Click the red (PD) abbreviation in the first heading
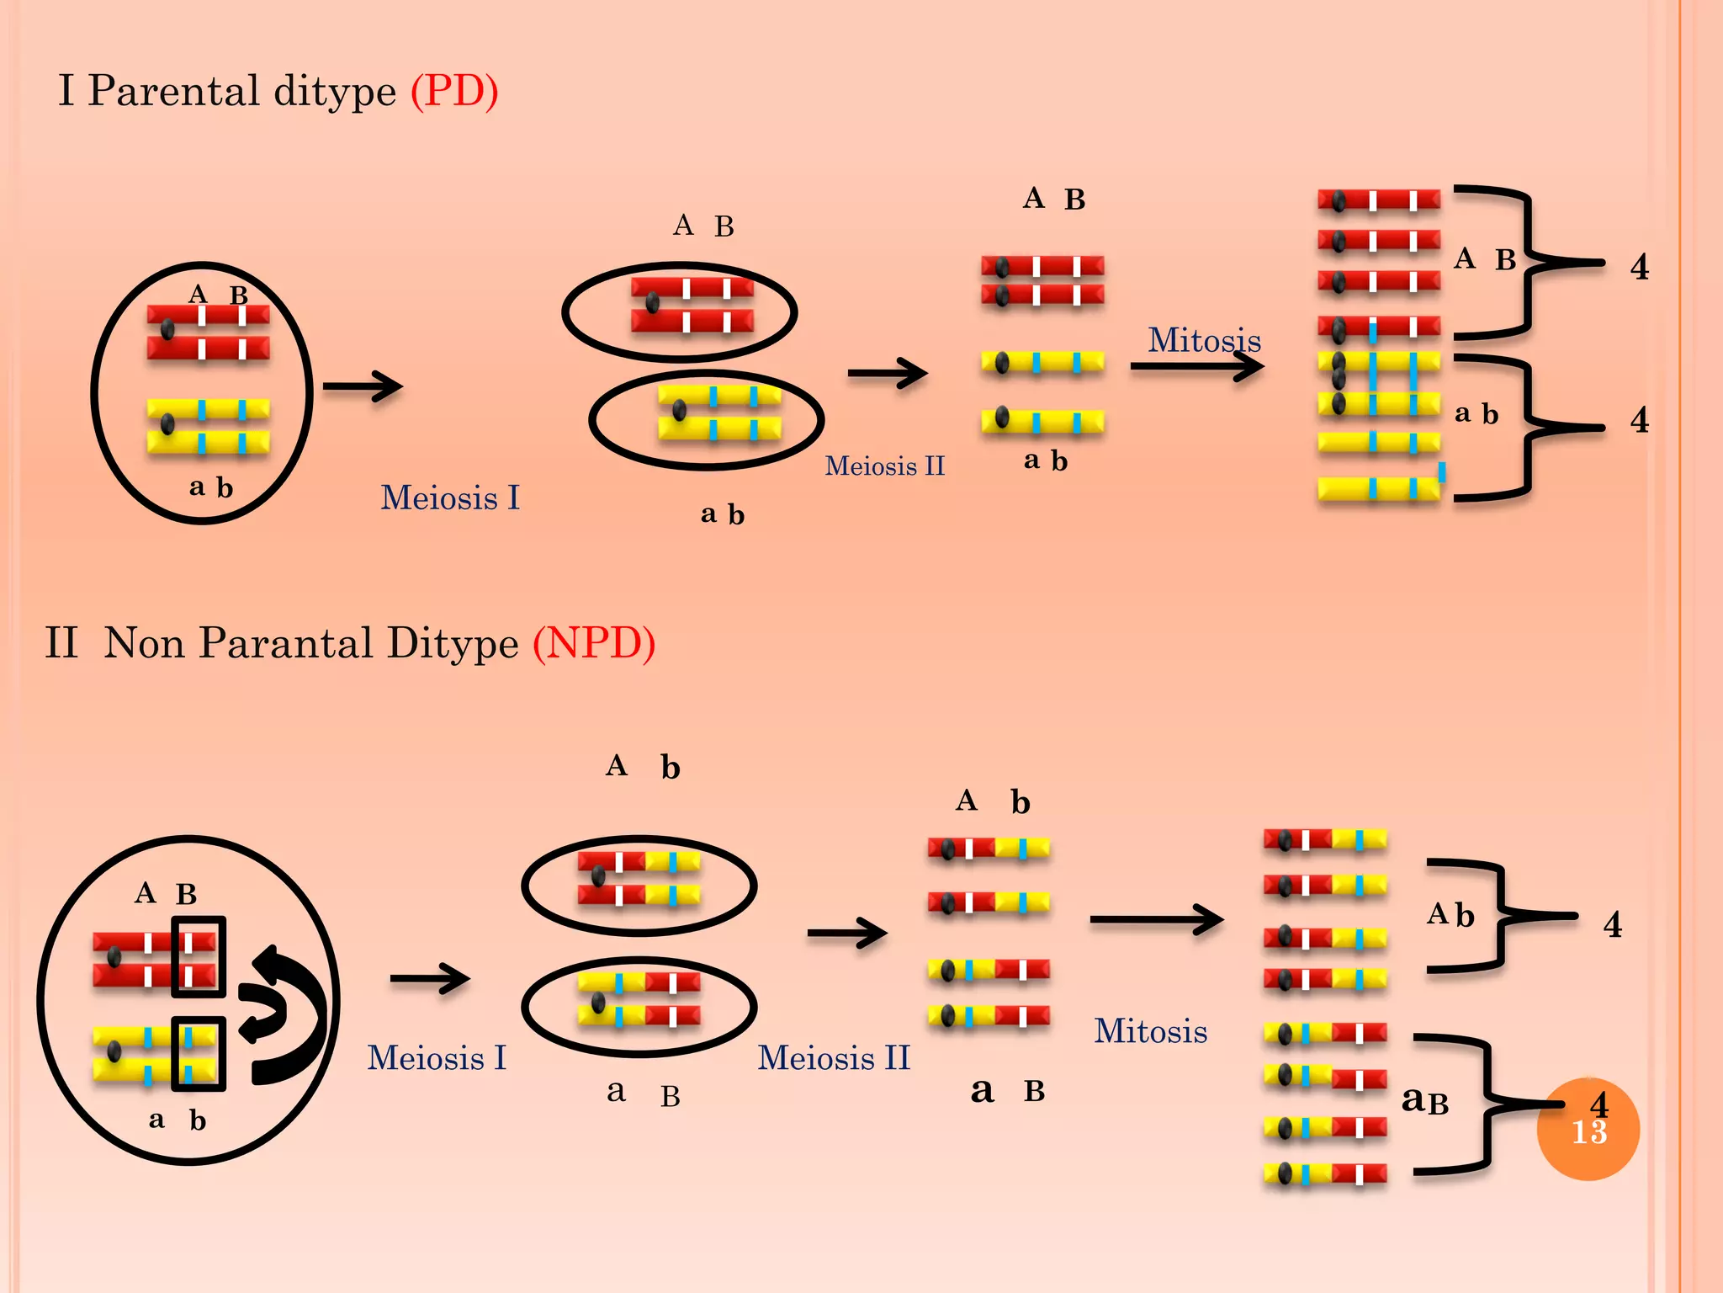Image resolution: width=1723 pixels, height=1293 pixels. (x=454, y=91)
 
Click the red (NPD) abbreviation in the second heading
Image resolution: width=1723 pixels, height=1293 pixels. (x=594, y=643)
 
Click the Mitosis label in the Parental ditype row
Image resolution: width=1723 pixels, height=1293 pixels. (x=1204, y=340)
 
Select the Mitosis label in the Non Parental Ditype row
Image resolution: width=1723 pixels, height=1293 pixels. (x=1150, y=1031)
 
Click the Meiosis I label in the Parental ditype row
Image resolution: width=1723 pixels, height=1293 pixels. (x=450, y=498)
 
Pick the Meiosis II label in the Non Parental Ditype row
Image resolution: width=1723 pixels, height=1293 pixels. (x=834, y=1058)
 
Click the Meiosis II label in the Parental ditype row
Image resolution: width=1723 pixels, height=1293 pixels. (x=884, y=466)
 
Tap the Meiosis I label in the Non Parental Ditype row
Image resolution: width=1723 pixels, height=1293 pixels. (x=437, y=1058)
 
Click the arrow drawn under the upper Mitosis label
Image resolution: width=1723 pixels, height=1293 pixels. (x=1196, y=366)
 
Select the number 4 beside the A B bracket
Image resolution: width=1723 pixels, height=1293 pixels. (x=1639, y=268)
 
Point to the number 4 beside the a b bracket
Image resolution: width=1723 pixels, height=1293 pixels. (x=1639, y=420)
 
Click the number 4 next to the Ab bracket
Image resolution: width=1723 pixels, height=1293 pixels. (x=1612, y=925)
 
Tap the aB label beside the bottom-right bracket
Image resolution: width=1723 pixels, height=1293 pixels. (x=1424, y=1099)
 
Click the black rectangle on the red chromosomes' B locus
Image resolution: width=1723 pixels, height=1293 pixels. (x=199, y=956)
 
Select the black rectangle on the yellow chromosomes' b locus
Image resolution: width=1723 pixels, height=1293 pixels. (x=199, y=1054)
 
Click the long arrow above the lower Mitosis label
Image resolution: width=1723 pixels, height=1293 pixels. (x=1156, y=919)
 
